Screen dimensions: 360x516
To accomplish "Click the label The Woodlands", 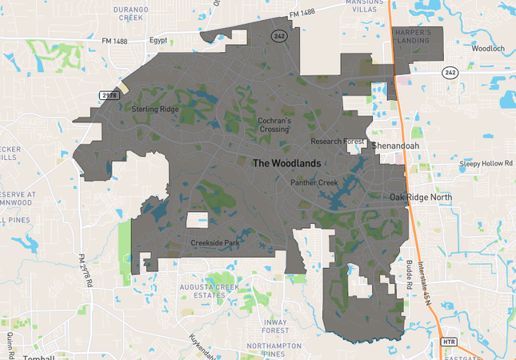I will [x=286, y=163].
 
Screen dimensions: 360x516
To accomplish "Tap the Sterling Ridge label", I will [x=155, y=109].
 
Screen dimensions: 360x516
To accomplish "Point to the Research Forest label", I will [x=338, y=142].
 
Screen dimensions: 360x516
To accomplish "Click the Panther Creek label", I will [x=314, y=183].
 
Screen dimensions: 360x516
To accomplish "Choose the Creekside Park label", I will [x=214, y=242].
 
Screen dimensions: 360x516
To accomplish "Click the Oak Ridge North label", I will [x=421, y=197].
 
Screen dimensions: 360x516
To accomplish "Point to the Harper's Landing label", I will [x=413, y=37].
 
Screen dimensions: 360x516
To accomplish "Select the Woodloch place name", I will [x=487, y=48].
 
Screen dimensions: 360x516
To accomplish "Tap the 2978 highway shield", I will [x=110, y=95].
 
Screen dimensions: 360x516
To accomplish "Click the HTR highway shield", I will [x=449, y=342].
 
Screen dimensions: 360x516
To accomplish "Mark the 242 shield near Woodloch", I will [x=451, y=72].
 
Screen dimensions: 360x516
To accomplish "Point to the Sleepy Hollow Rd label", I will [x=486, y=163].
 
